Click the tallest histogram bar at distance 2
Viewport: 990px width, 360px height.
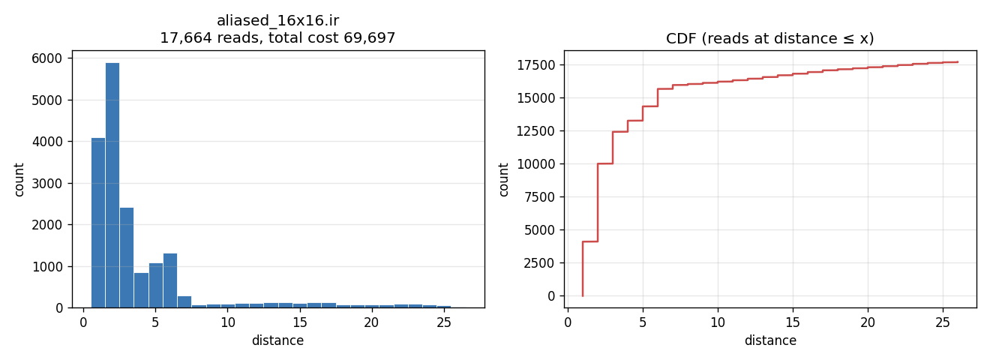[x=112, y=185]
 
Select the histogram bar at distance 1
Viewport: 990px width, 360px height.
[x=98, y=223]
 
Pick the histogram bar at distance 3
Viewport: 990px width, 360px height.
[x=127, y=257]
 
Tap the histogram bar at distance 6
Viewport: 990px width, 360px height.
[x=170, y=280]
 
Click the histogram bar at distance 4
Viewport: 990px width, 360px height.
[x=142, y=290]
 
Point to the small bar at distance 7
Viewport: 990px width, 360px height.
[x=184, y=301]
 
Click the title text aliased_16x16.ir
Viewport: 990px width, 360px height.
[x=278, y=21]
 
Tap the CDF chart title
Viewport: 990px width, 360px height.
[x=770, y=38]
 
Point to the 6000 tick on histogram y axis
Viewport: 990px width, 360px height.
[x=46, y=58]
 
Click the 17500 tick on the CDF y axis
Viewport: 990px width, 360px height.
[x=535, y=65]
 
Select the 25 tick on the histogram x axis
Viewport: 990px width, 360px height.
[x=444, y=322]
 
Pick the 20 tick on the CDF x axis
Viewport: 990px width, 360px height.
[x=868, y=322]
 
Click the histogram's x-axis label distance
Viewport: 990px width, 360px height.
[x=278, y=340]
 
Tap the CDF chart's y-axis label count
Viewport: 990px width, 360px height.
[x=503, y=179]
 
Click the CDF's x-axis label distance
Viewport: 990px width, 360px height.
[x=770, y=340]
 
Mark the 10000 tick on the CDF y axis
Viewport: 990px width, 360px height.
[x=535, y=164]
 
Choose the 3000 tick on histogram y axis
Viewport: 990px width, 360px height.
[x=46, y=183]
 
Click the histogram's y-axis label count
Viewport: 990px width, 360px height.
[x=19, y=179]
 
